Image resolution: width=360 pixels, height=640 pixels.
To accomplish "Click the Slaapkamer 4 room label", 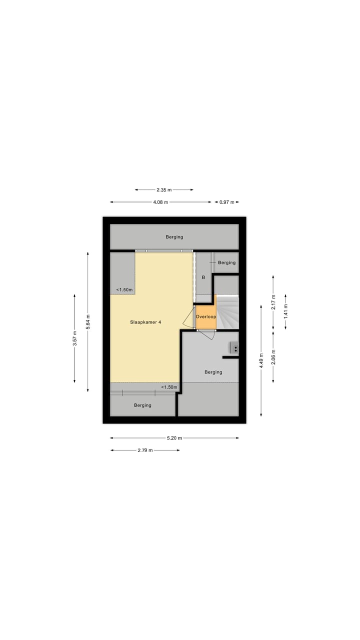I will (x=145, y=322).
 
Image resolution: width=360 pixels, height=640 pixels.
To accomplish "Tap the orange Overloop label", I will (x=205, y=317).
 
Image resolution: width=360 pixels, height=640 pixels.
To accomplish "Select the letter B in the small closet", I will (x=203, y=277).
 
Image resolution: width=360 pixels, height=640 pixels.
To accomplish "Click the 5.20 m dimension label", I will (x=174, y=438).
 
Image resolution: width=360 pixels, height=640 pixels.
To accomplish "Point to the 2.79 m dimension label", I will (x=145, y=450).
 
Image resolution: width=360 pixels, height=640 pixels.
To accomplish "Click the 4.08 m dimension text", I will (x=160, y=202).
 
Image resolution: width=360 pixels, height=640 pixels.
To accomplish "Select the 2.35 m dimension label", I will (x=164, y=190).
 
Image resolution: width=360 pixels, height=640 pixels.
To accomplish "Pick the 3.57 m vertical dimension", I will (x=75, y=338).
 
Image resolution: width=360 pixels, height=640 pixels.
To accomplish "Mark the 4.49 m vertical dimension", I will (x=261, y=361).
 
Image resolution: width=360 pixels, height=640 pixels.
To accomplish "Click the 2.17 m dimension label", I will (x=273, y=303).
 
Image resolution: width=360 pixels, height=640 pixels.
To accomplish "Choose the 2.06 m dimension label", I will (x=273, y=356).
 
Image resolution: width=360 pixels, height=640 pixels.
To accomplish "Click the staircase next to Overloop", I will (x=228, y=312).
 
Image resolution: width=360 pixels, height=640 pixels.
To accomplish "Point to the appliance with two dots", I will (x=234, y=347).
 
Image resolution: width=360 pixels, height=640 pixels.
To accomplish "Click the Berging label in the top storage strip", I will (x=174, y=237).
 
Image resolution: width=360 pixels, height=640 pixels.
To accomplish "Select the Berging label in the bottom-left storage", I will (x=142, y=405).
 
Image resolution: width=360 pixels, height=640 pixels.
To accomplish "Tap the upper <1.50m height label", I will (x=124, y=289).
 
